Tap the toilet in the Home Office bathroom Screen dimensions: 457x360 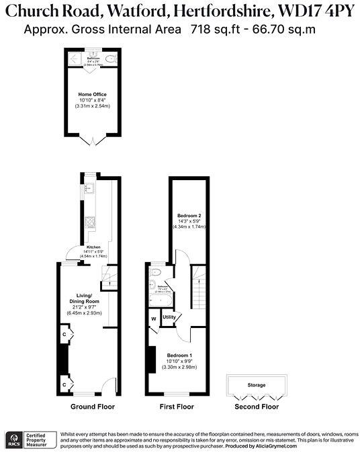click(109, 59)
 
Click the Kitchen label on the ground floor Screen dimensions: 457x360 click(93, 247)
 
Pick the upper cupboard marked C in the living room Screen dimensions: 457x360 click(64, 334)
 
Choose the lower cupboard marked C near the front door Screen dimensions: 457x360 click(64, 383)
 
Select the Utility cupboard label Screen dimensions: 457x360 click(169, 317)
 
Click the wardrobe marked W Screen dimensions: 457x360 click(153, 319)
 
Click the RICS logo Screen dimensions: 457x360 click(13, 440)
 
